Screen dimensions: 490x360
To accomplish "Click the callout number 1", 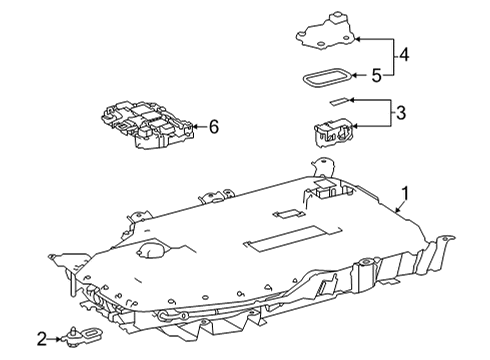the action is tap(405, 194).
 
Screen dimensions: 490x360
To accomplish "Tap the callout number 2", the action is tap(42, 339).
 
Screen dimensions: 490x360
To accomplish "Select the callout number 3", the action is tap(401, 113).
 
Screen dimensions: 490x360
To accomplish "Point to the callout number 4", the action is tap(404, 54).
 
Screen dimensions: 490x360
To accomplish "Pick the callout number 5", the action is tap(376, 76).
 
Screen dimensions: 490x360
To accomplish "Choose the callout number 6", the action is tap(214, 127).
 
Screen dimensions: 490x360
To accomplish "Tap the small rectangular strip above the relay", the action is tap(339, 101).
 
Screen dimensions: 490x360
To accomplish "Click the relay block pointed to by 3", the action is tap(332, 132).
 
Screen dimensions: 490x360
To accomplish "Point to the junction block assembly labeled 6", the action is tap(147, 124).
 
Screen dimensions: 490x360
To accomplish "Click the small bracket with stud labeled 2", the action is tap(82, 336).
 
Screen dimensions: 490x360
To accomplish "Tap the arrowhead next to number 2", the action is tap(59, 339).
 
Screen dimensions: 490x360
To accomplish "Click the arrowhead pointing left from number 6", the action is tap(196, 127).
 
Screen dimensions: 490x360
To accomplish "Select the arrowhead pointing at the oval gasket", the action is tap(355, 75).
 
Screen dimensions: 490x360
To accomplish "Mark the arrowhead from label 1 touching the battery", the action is tap(397, 210).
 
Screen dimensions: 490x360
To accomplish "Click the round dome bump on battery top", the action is tap(151, 250).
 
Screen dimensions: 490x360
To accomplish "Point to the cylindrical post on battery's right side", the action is tap(366, 274).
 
